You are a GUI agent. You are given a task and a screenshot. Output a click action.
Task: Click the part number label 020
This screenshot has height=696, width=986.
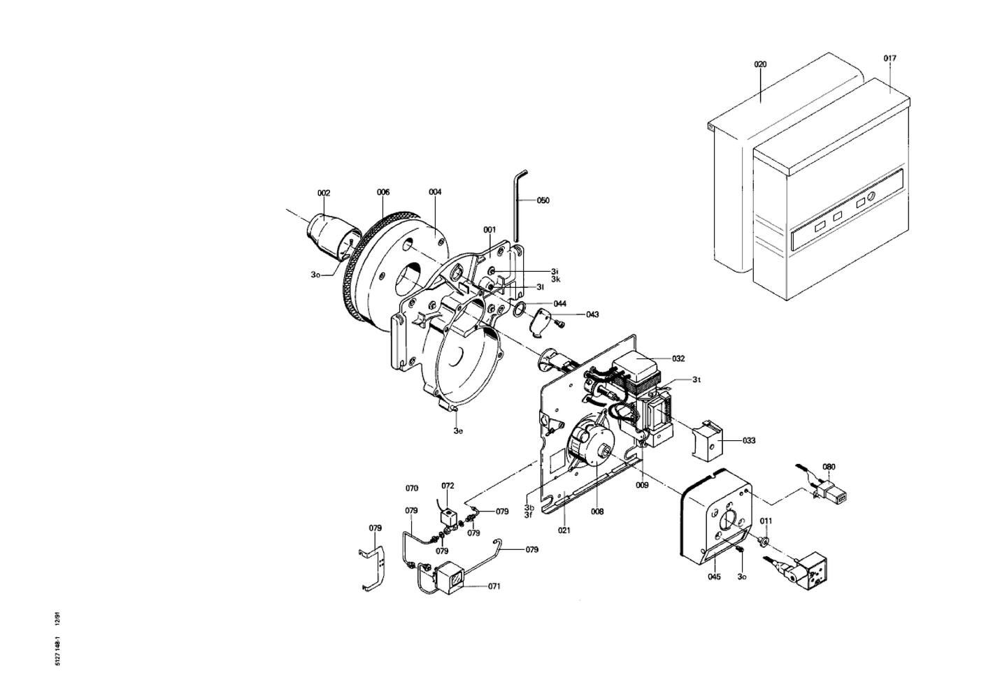(x=760, y=64)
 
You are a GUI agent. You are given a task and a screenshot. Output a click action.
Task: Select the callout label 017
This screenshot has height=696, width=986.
(x=889, y=58)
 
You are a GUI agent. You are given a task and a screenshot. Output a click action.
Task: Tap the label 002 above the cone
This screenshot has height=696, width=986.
(x=324, y=193)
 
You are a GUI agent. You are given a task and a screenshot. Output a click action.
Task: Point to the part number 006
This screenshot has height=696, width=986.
(x=383, y=192)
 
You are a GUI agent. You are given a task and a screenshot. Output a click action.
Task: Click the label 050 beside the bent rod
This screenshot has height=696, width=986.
(x=543, y=200)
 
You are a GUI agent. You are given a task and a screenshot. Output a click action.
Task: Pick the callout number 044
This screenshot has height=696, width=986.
(x=560, y=303)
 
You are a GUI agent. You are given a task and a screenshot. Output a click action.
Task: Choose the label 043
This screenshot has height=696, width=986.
(x=592, y=314)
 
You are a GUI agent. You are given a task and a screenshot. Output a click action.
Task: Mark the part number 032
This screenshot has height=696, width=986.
(x=678, y=358)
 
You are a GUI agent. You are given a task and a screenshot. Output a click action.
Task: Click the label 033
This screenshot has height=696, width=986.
(x=749, y=440)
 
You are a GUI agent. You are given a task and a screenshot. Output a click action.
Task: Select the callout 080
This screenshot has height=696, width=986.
(x=829, y=467)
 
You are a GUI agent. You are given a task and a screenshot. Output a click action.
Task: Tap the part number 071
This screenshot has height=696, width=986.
(x=494, y=586)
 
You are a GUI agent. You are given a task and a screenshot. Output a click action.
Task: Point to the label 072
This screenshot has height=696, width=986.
(x=448, y=486)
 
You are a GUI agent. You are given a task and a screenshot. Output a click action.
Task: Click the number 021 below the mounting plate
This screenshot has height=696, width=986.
(x=564, y=530)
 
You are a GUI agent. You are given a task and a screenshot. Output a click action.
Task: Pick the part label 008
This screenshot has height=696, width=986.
(x=597, y=512)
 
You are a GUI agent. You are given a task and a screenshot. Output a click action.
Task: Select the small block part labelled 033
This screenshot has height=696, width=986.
(x=708, y=440)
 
